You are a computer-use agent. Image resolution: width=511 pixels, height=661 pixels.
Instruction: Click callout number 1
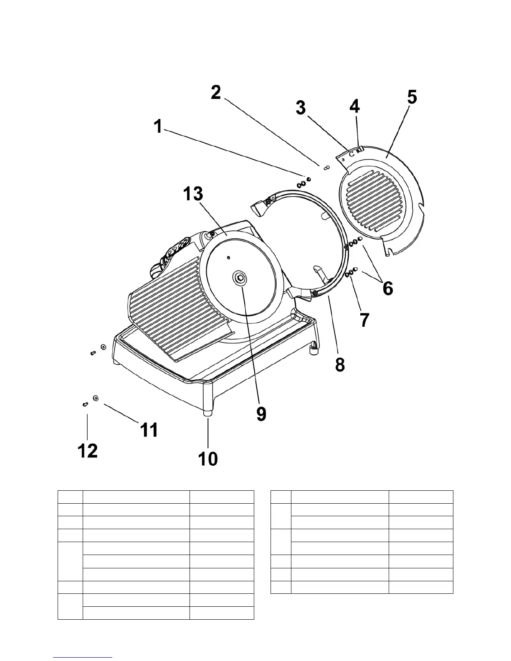pyautogui.click(x=158, y=126)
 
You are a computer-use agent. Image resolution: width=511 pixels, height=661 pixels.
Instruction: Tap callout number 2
pyautogui.click(x=216, y=92)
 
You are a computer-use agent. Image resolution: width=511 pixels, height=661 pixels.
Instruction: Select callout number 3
pyautogui.click(x=301, y=108)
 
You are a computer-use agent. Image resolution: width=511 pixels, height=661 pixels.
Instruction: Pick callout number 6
pyautogui.click(x=388, y=288)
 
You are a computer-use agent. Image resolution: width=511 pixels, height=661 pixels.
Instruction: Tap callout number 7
pyautogui.click(x=364, y=320)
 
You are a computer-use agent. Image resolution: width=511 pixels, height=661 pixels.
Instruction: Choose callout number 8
pyautogui.click(x=340, y=364)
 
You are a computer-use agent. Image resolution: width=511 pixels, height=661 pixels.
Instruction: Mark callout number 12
pyautogui.click(x=88, y=451)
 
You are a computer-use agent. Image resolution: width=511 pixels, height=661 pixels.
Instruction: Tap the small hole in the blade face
pyautogui.click(x=228, y=258)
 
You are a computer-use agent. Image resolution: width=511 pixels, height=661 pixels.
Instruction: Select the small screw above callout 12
pyautogui.click(x=85, y=404)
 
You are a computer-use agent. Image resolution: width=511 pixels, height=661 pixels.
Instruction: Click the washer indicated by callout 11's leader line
pyautogui.click(x=96, y=399)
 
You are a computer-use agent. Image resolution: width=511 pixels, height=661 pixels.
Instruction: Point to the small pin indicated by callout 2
pyautogui.click(x=327, y=168)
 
